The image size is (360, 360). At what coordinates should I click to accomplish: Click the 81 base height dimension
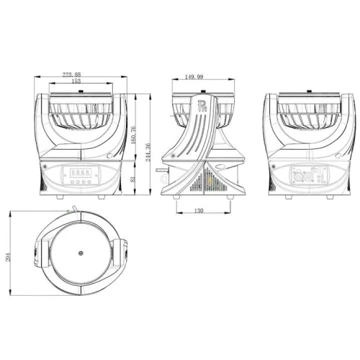(133, 177)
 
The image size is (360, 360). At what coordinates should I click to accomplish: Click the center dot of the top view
(81, 253)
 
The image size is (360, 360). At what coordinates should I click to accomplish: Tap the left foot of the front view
(53, 195)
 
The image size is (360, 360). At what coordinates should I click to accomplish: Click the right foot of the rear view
(328, 195)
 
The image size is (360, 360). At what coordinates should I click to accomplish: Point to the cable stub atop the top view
(71, 208)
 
